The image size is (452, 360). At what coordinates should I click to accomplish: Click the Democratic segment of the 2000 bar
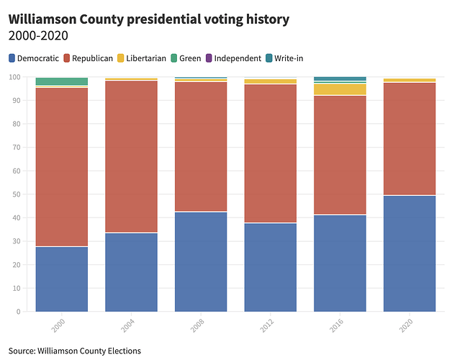click(61, 279)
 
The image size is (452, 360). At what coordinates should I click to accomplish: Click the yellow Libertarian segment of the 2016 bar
click(340, 89)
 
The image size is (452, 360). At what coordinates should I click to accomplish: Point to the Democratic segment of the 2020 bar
click(410, 253)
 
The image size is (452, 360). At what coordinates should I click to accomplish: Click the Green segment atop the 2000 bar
click(61, 81)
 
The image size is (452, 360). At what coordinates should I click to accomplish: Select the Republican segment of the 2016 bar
click(340, 155)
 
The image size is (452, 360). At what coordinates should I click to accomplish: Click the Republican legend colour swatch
click(66, 58)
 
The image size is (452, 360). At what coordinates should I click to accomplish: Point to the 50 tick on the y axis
click(16, 194)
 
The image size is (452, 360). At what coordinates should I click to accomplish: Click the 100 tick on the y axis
click(14, 77)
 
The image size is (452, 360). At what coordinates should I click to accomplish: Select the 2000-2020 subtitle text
click(37, 35)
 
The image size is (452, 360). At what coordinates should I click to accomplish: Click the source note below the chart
click(75, 351)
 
